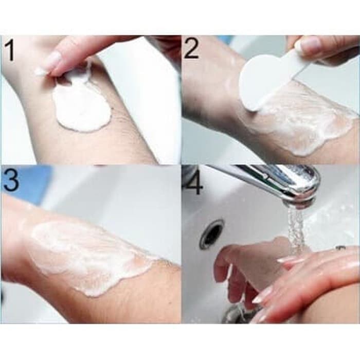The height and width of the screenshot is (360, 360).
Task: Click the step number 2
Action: pos(191,49)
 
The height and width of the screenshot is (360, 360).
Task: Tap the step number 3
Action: pos(11,179)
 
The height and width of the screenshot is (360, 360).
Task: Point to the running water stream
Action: pos(296,229)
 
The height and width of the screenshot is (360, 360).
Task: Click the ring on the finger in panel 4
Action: pos(340,248)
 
